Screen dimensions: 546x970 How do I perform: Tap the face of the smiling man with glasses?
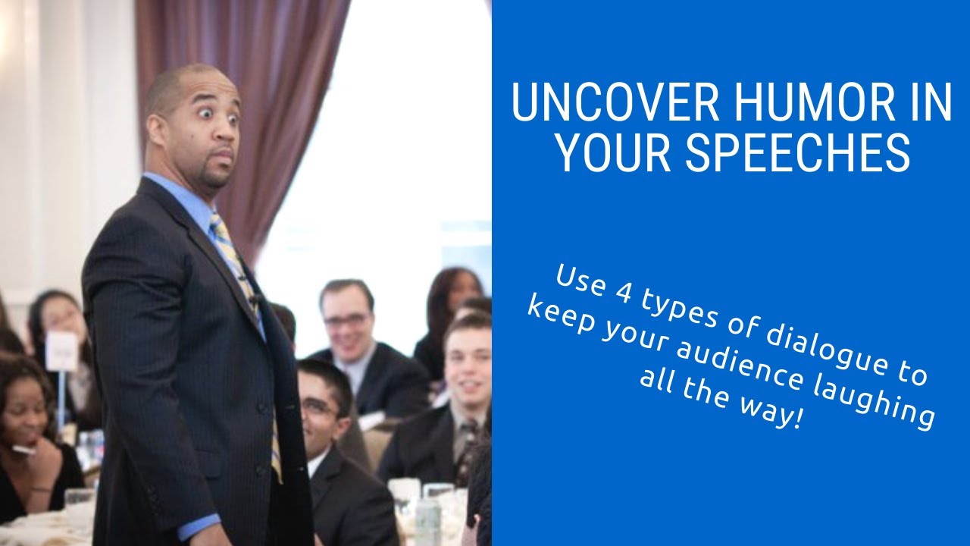coord(347,318)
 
